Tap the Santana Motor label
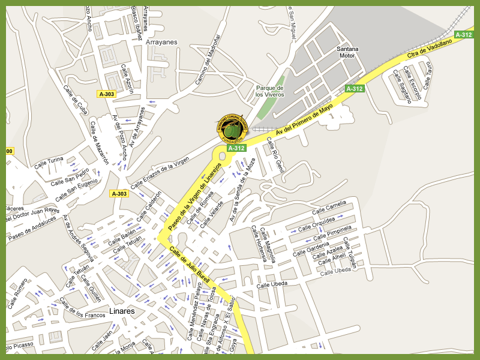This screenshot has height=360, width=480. pyautogui.click(x=347, y=52)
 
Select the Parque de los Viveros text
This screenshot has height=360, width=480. pyautogui.click(x=269, y=91)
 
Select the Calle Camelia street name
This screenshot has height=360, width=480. pyautogui.click(x=329, y=208)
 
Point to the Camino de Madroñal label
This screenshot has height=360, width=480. pyautogui.click(x=208, y=59)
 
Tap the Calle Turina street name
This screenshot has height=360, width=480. pyautogui.click(x=48, y=163)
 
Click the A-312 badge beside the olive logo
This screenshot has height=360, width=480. pyautogui.click(x=236, y=148)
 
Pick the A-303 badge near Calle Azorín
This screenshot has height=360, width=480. pyautogui.click(x=107, y=94)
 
